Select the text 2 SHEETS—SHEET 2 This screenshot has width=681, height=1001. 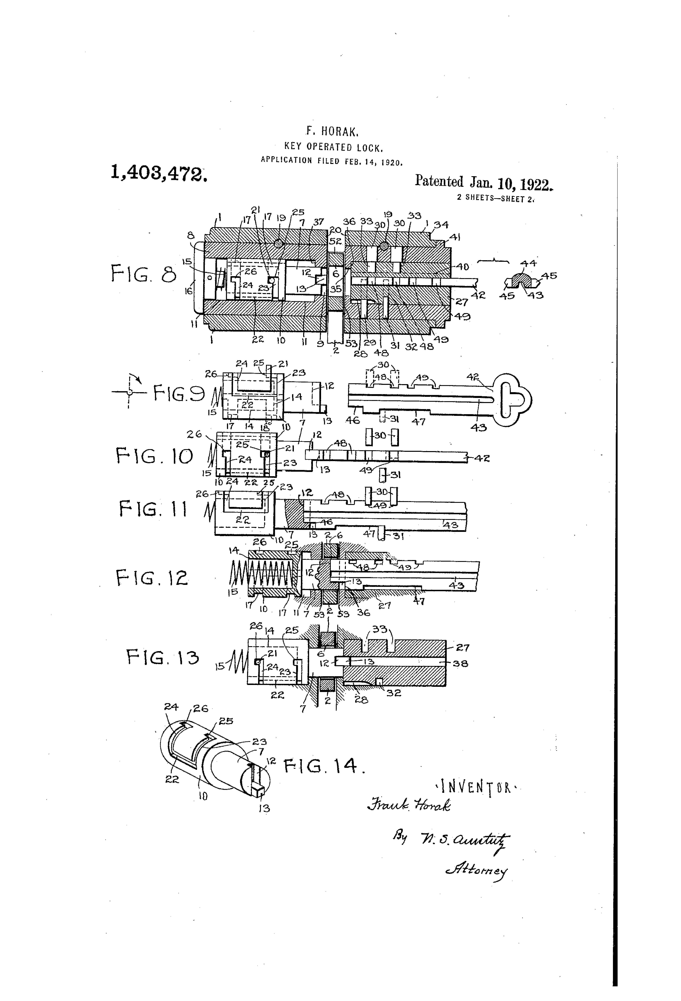[x=496, y=199]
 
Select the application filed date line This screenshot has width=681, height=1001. [x=331, y=161]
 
